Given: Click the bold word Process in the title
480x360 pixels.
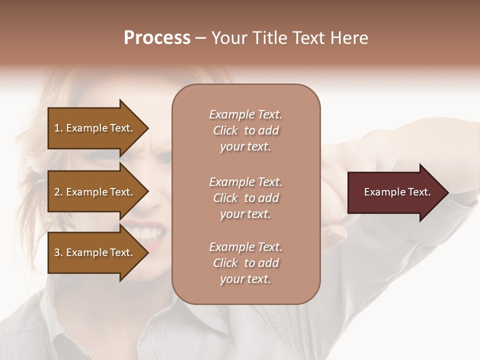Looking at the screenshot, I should [x=157, y=38].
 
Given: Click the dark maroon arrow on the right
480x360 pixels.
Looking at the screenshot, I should [x=395, y=192].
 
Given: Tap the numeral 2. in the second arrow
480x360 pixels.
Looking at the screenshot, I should [x=58, y=192].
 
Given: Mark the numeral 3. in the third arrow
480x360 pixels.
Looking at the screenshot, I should [x=58, y=252].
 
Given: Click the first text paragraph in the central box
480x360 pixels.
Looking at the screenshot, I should [x=245, y=130].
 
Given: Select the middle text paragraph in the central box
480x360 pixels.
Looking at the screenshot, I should [x=245, y=198].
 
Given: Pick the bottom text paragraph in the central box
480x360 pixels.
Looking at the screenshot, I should [x=245, y=263].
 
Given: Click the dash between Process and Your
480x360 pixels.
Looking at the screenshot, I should [x=201, y=38].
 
